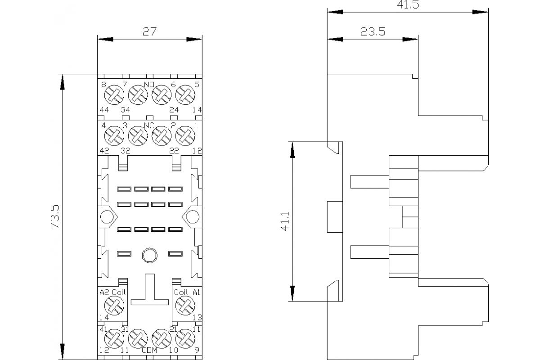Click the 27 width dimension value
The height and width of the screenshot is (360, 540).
149,32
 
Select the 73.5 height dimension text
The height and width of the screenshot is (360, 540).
56,217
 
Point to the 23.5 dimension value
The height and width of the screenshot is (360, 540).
373,32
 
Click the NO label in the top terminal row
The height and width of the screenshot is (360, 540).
149,85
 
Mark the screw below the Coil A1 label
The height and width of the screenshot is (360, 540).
184,307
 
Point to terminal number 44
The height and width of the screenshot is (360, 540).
104,110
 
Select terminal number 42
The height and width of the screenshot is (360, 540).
104,151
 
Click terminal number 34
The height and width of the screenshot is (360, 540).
126,110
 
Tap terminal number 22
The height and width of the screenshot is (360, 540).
174,151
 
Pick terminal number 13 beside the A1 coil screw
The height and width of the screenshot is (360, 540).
196,318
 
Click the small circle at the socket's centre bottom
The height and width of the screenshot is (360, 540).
148,255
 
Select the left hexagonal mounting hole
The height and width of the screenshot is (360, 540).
106,217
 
